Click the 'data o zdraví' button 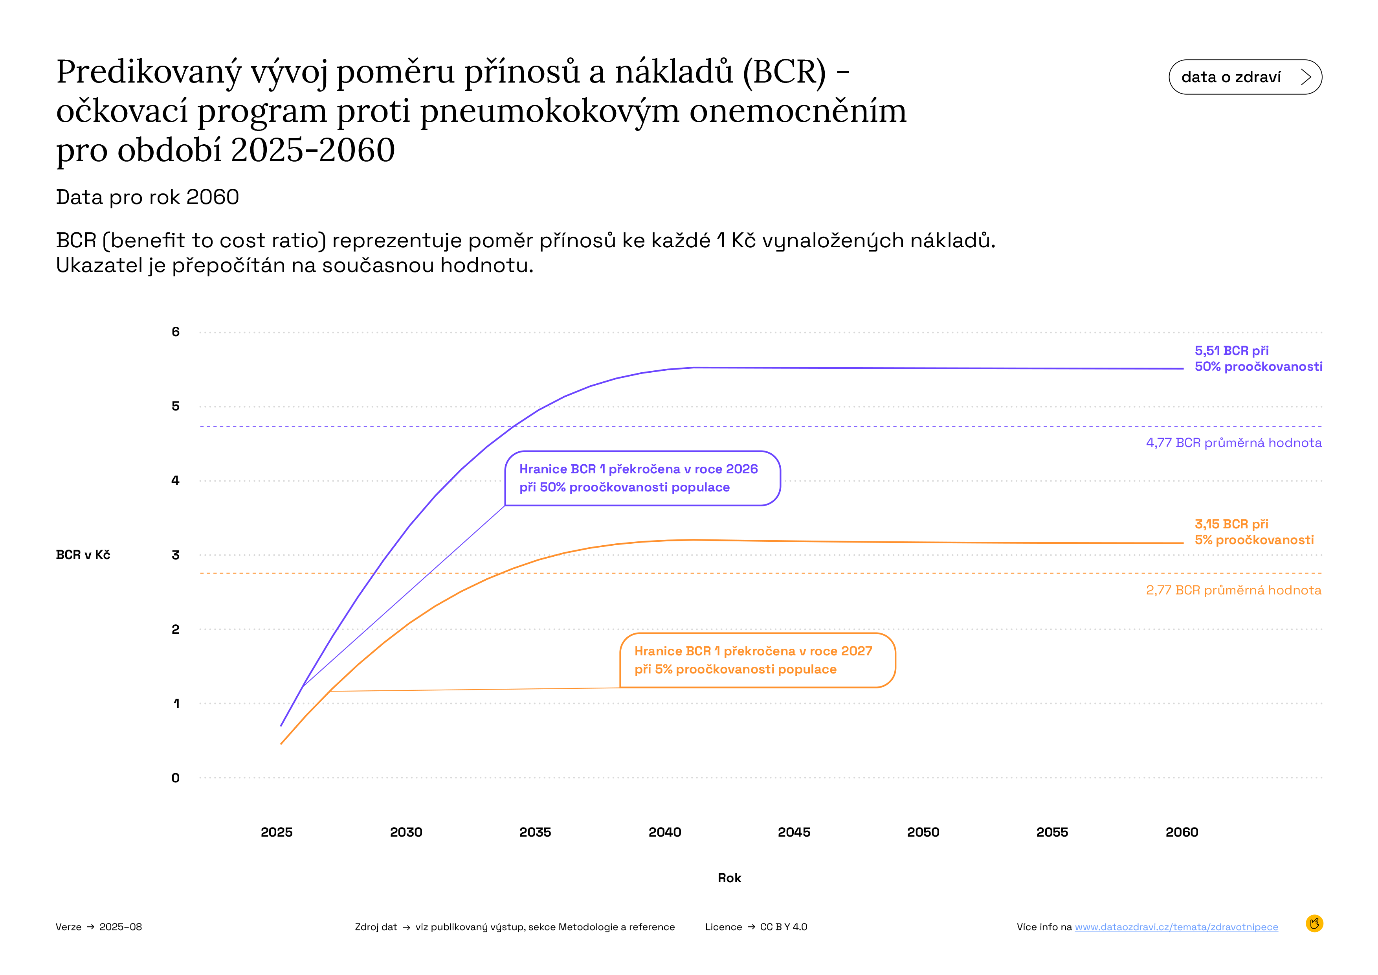1245,77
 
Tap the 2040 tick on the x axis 664,832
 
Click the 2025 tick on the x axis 277,832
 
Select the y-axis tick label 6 175,331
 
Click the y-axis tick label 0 175,778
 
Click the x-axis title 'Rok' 729,878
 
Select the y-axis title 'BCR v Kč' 83,555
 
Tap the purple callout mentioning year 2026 642,478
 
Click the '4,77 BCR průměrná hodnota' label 1233,443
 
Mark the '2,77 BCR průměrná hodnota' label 1233,590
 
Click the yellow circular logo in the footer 1314,923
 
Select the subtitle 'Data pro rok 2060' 148,197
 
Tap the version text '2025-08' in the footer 121,927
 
